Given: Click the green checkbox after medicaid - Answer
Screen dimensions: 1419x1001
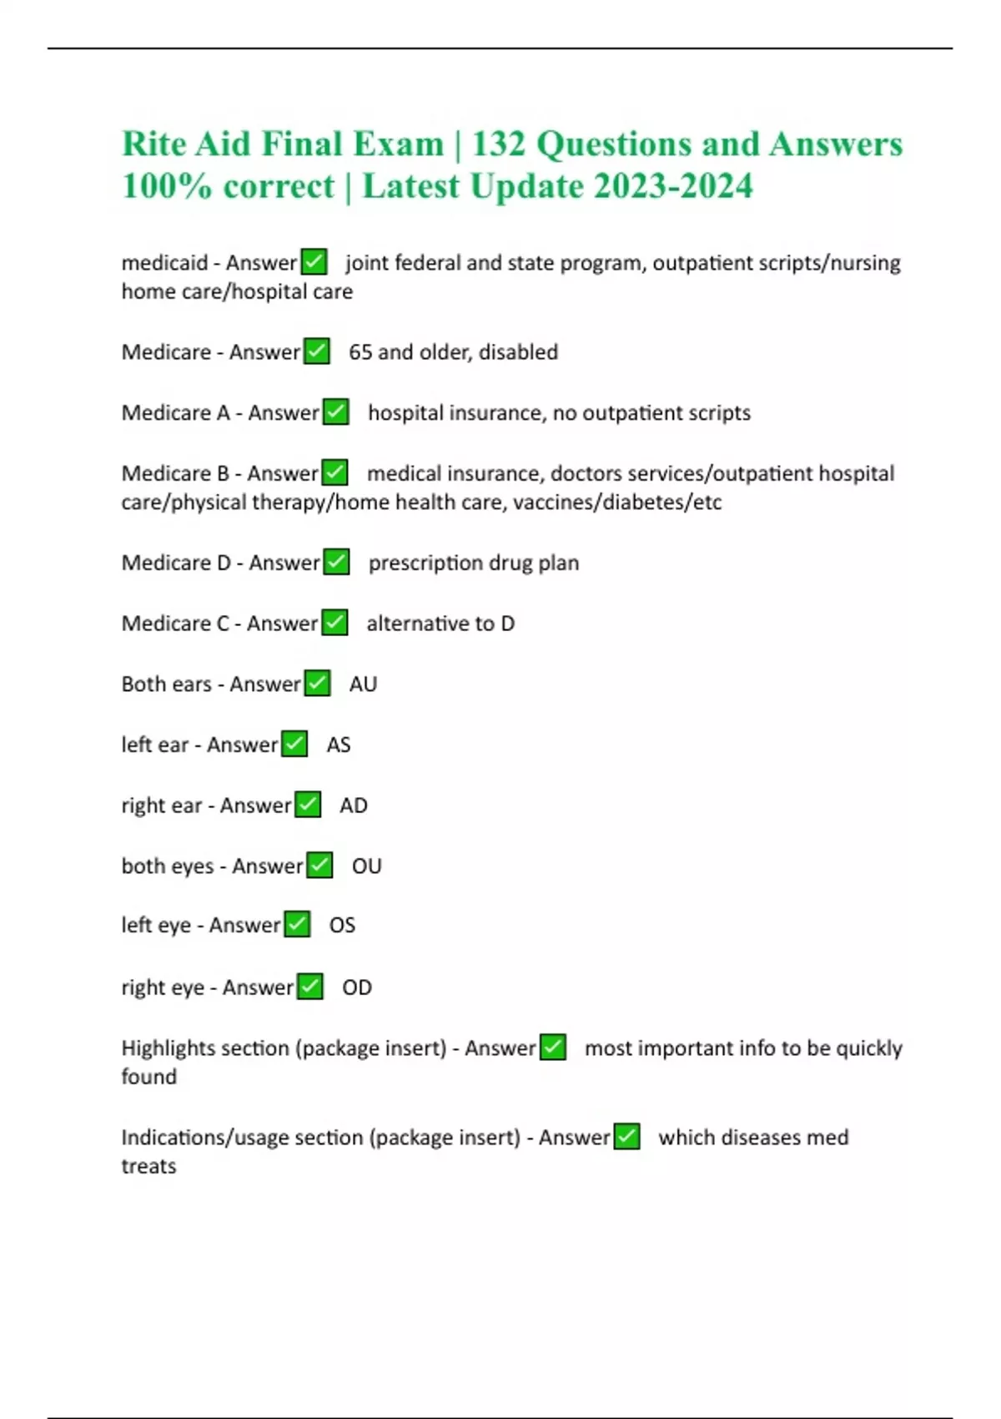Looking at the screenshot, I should (x=314, y=262).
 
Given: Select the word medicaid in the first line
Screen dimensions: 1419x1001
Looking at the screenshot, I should (x=164, y=263).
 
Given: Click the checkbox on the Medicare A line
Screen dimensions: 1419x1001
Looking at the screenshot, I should (x=335, y=412).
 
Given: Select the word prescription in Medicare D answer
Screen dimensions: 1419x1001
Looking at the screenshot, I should (x=425, y=563).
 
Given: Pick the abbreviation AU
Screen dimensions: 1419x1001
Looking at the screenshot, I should (x=363, y=684).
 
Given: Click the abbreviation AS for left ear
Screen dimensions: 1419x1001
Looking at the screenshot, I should (x=339, y=745).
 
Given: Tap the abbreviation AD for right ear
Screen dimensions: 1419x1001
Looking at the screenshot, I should (x=353, y=805).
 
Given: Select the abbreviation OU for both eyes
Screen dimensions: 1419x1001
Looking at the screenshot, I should (x=366, y=866).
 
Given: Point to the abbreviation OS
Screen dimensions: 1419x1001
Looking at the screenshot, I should (x=342, y=926).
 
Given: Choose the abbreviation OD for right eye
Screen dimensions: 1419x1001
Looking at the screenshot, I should (x=357, y=987).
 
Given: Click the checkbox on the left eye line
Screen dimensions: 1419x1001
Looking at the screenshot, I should (x=297, y=925).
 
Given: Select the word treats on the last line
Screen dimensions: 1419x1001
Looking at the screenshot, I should (x=148, y=1166).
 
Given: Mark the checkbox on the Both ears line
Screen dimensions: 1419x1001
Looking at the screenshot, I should (x=317, y=684).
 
